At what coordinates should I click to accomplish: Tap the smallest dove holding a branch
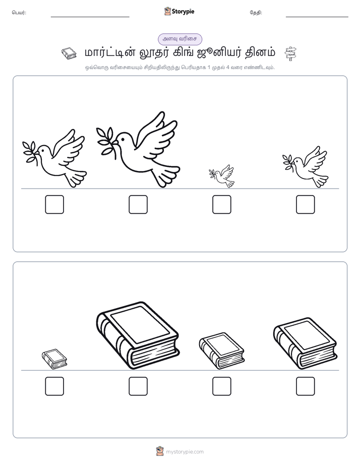222,177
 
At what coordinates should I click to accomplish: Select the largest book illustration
138,335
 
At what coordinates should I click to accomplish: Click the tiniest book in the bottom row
54,359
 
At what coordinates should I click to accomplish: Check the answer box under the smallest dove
221,204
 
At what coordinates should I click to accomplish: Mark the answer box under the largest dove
138,204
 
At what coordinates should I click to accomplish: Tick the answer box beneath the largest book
138,386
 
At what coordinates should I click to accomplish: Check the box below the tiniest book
54,386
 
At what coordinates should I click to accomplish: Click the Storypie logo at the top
179,11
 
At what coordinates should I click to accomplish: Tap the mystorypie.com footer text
185,452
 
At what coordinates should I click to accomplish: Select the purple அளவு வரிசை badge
180,39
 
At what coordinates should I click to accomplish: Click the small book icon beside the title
69,53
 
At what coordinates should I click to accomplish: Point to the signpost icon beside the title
290,53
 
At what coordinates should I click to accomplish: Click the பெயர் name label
19,13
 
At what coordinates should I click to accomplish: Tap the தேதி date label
256,13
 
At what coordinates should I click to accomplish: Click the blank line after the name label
90,17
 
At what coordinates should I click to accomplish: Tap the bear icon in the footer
160,451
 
